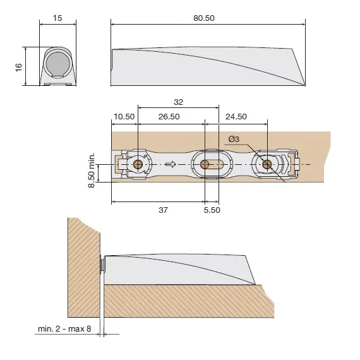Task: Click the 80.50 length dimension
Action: (x=204, y=18)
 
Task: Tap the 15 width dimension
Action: (x=57, y=18)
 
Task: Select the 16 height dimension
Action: (x=19, y=67)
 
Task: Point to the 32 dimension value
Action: (x=178, y=102)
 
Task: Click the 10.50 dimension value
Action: (x=124, y=117)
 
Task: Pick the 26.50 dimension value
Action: (x=169, y=117)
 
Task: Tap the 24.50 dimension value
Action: (x=236, y=117)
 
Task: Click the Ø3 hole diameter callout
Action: (x=234, y=139)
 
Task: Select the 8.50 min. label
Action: (x=92, y=170)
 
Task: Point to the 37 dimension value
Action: (x=163, y=210)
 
